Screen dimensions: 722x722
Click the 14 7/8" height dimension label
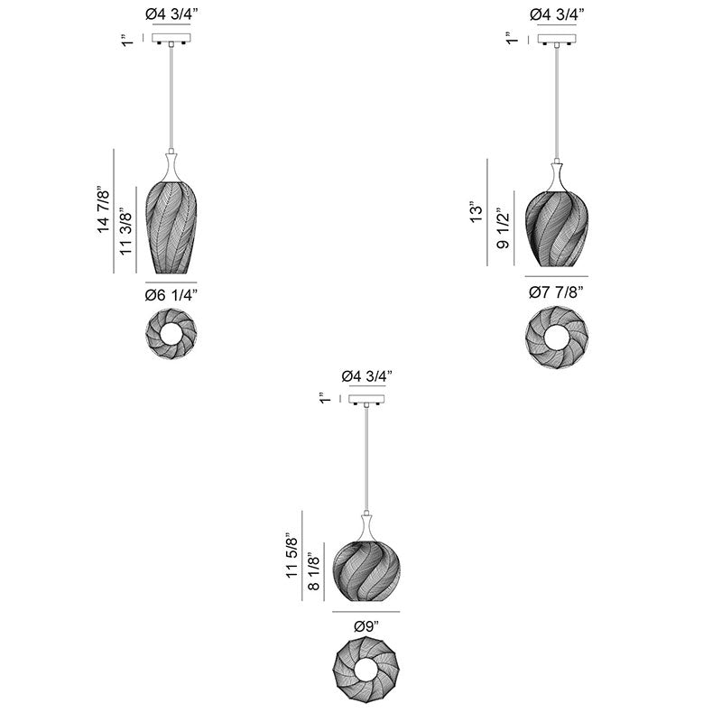pos(104,209)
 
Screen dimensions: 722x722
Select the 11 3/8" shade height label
pos(125,234)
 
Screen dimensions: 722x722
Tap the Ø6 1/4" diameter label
pos(171,295)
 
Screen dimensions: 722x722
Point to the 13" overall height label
pos(477,212)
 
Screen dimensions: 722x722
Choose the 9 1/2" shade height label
pos(504,228)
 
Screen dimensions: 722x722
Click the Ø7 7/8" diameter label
pos(556,292)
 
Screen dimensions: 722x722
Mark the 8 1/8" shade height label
pos(313,571)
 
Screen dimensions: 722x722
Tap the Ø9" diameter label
pos(366,626)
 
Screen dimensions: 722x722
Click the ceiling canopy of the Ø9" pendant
pos(366,399)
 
